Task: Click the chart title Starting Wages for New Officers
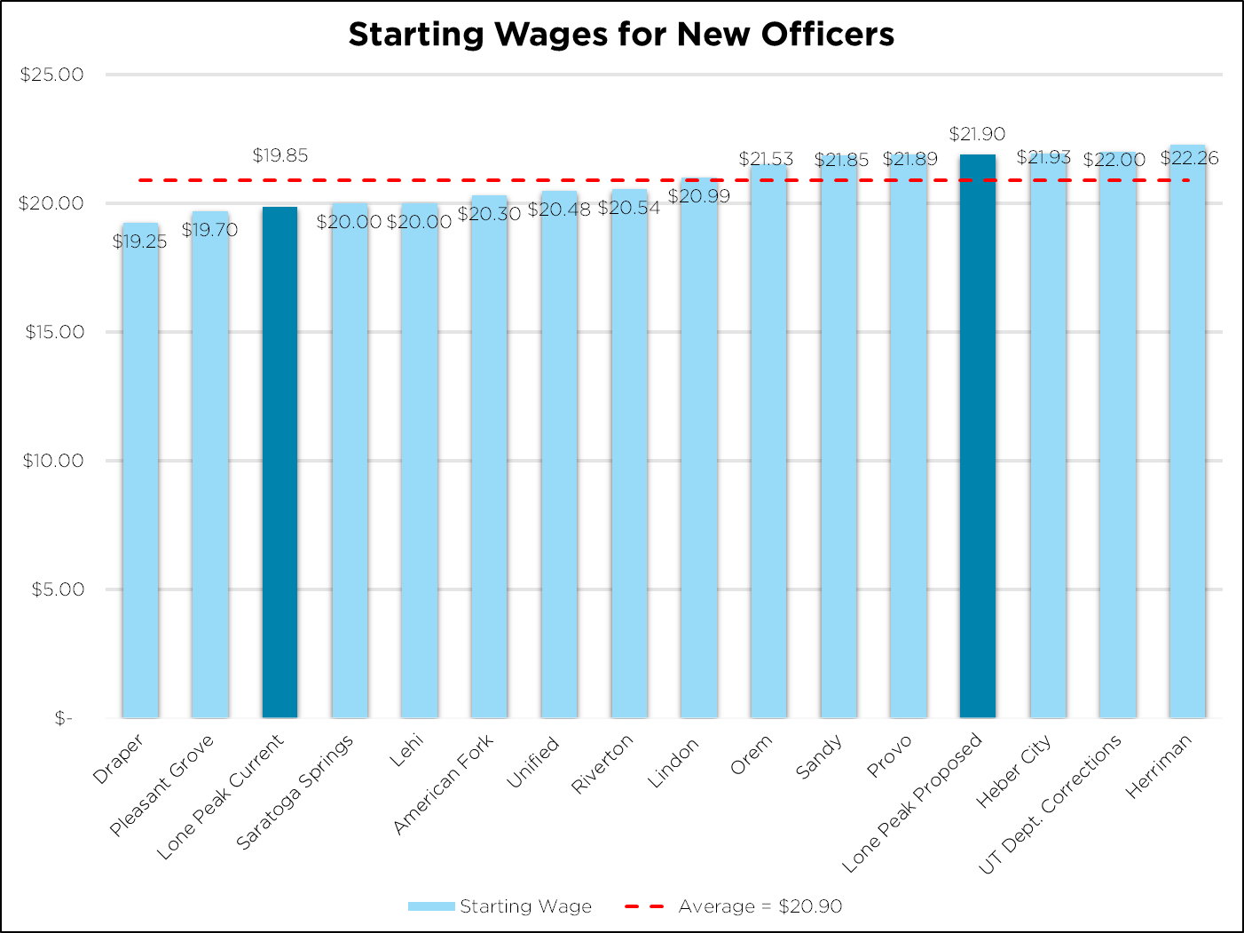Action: pos(621,35)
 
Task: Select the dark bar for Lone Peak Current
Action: pos(280,462)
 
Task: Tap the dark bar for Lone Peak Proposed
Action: pos(977,435)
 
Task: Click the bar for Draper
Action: pos(140,470)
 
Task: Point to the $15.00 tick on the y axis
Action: pos(54,332)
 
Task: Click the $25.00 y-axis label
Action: pos(51,75)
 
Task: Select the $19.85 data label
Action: pos(280,155)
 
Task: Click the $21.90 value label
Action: pos(977,134)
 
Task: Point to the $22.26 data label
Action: pos(1189,158)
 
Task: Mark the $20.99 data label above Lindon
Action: pos(698,196)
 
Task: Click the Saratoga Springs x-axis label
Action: pos(295,792)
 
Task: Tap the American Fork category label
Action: pos(443,785)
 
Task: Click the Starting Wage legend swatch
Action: pos(431,906)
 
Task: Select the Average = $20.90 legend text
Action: pos(760,906)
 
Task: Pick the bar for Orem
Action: pos(768,444)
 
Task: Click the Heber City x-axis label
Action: pos(1013,771)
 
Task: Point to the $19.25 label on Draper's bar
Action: pos(140,241)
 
